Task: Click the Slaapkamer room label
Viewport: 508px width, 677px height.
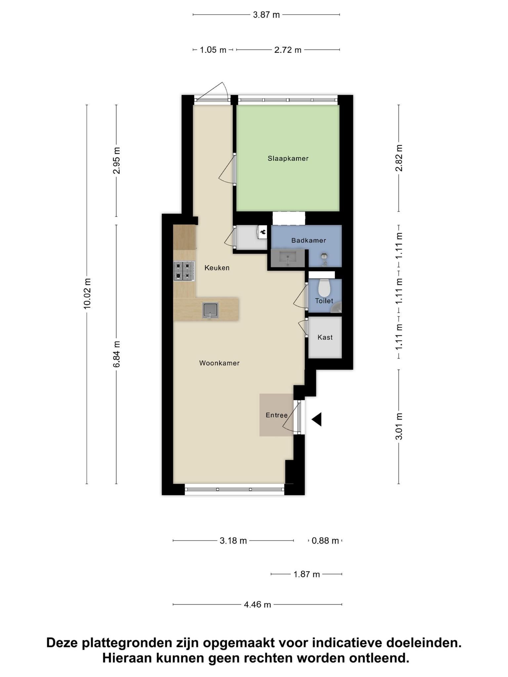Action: click(288, 158)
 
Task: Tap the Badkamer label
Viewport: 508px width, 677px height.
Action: click(309, 240)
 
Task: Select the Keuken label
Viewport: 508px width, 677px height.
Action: click(217, 268)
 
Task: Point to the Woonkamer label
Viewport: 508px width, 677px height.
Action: click(219, 363)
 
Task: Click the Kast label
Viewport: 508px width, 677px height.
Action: click(325, 337)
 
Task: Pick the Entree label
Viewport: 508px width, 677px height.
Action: click(276, 415)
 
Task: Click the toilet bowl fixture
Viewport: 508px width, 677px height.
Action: click(324, 288)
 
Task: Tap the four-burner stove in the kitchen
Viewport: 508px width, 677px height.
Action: click(184, 271)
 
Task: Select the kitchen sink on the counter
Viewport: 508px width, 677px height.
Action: click(211, 310)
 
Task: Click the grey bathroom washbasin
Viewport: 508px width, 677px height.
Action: click(288, 258)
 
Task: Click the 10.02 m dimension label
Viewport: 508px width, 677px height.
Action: click(87, 294)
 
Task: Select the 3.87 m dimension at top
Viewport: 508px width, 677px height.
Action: click(266, 15)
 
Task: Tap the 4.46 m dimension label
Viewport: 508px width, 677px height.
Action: click(257, 605)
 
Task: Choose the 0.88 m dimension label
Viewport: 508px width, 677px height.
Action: click(325, 541)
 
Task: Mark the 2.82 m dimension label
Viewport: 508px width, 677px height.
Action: click(399, 158)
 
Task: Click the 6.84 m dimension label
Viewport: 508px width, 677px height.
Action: click(116, 354)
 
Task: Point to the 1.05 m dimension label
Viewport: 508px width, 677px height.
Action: click(213, 50)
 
